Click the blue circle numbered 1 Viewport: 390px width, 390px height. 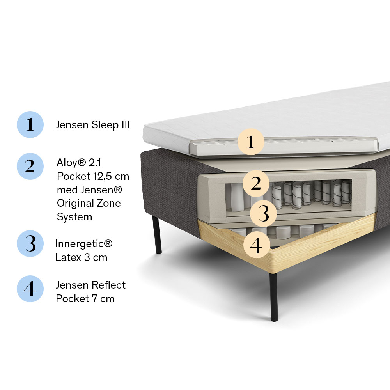30,125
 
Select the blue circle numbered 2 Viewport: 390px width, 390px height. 30,167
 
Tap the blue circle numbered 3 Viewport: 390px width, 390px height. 30,243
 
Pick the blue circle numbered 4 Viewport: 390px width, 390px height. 30,289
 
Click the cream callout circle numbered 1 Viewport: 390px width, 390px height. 251,142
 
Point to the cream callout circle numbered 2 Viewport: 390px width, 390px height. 256,184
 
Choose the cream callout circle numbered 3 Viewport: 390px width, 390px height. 263,214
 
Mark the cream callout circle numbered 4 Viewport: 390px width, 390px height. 257,245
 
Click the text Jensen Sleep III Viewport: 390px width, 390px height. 93,125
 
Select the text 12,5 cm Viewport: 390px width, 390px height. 111,176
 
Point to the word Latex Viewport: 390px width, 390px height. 68,257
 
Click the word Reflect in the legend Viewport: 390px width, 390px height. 109,285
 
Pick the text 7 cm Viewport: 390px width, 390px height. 103,299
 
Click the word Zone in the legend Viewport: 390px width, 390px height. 108,203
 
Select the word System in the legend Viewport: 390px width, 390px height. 74,217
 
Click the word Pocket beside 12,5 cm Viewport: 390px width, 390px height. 73,176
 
